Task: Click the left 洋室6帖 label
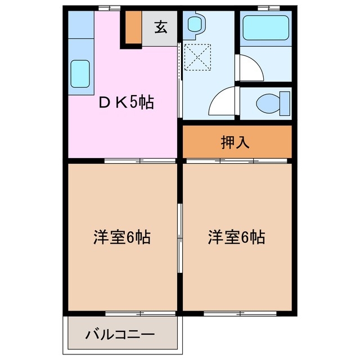(121, 237)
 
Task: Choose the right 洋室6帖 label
(236, 237)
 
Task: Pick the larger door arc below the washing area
(222, 103)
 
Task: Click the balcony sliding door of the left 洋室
(124, 312)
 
